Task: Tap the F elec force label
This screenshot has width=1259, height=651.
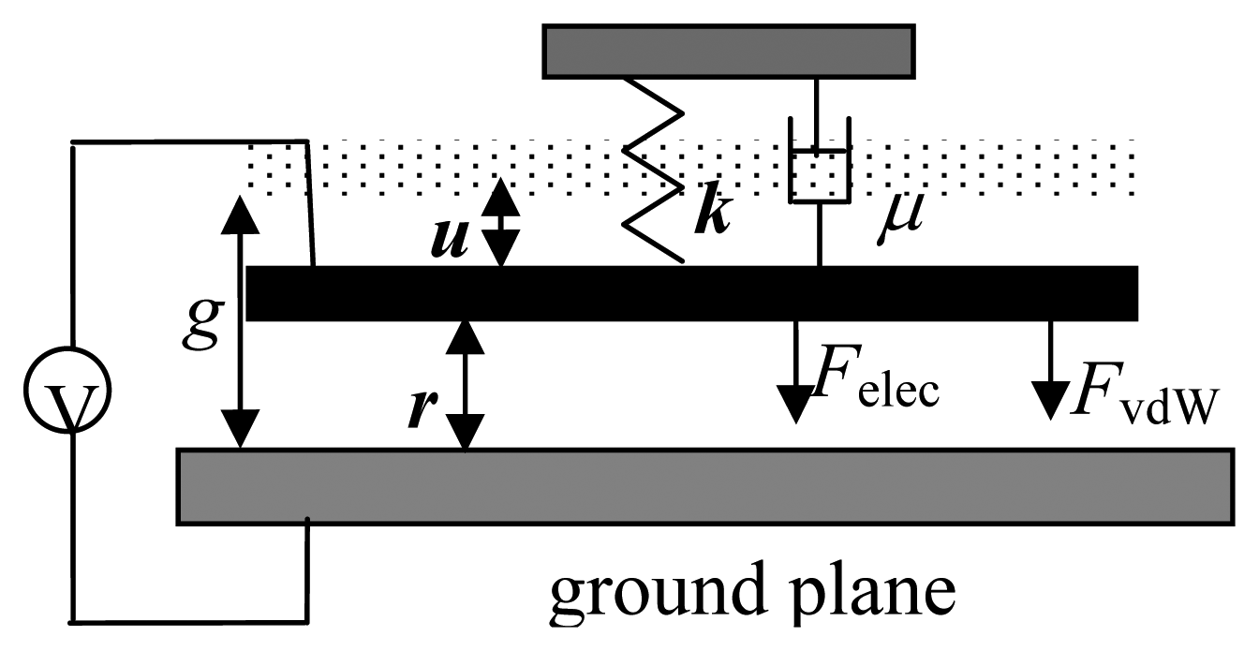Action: click(x=876, y=378)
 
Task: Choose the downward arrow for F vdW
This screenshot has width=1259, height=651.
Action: click(x=1050, y=371)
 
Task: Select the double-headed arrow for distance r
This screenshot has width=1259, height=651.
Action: click(x=466, y=384)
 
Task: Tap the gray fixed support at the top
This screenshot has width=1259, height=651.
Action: click(x=728, y=51)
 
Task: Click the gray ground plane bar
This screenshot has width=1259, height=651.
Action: click(x=703, y=486)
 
